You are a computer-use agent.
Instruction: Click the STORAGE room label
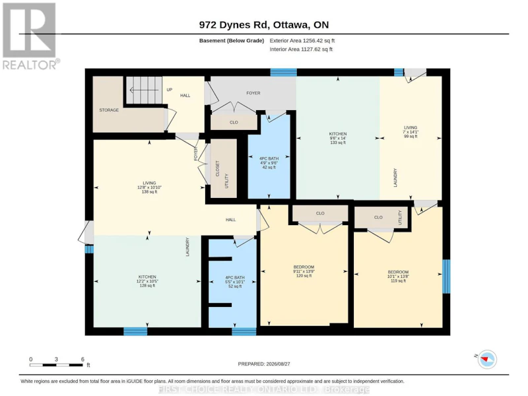109,110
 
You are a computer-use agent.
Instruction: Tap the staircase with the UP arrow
144,90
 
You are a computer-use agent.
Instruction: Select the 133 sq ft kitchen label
338,138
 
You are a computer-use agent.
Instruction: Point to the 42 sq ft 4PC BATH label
269,162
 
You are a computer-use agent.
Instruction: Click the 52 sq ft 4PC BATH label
235,282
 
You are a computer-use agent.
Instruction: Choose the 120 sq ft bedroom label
304,271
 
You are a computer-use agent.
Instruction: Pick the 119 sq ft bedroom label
398,276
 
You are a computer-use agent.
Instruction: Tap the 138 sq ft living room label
149,187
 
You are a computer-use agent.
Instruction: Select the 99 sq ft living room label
411,132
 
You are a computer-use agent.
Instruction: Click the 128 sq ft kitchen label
147,281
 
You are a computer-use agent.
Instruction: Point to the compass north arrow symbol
486,359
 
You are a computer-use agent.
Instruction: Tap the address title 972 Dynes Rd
263,24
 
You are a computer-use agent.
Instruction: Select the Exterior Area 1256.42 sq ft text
302,41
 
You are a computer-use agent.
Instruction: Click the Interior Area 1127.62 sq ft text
301,49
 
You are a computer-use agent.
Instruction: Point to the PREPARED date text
263,364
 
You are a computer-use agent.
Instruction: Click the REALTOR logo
30,36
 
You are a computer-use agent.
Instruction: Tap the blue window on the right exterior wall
446,276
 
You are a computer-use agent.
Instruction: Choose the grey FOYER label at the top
253,93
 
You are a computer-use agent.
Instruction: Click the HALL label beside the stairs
185,96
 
